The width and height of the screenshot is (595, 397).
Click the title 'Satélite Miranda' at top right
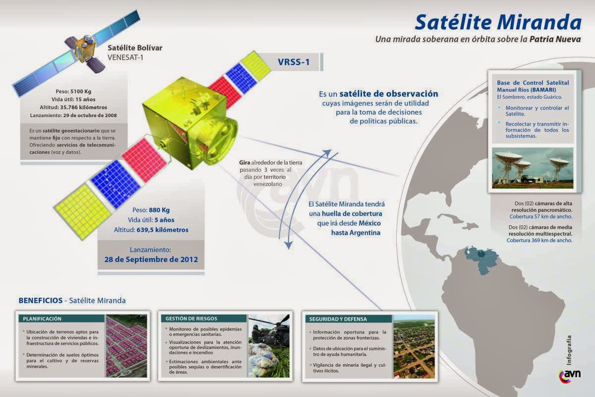[x=497, y=22]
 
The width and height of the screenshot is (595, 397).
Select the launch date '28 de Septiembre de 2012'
[x=151, y=259]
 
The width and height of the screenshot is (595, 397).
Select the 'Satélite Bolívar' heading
[x=135, y=48]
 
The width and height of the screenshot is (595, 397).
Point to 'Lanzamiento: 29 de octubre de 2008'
[x=73, y=115]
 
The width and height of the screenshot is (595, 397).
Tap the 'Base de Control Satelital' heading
[x=533, y=82]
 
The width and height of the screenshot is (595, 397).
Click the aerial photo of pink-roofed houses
[x=126, y=345]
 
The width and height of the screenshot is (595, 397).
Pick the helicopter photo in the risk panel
[x=269, y=345]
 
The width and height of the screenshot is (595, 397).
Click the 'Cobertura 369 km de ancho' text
[x=539, y=240]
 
